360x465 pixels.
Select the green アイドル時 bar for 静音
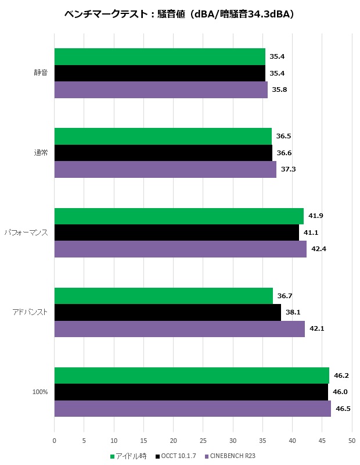click(x=160, y=57)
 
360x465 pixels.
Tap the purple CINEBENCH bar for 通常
click(x=165, y=169)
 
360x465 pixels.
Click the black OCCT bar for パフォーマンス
click(x=177, y=233)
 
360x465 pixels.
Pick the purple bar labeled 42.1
click(x=179, y=329)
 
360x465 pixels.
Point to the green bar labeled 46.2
click(x=192, y=375)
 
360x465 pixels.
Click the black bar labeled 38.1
click(x=167, y=312)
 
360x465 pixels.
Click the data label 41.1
click(x=311, y=233)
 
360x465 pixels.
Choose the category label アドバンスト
click(x=30, y=312)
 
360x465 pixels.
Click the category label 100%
click(x=40, y=392)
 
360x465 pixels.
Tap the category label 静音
click(x=41, y=73)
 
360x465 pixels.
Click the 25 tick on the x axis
click(x=203, y=441)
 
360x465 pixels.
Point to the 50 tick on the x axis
click(x=352, y=441)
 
